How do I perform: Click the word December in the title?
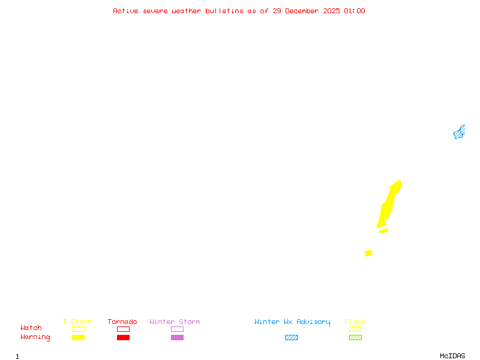pos(305,11)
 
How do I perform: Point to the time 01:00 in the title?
pos(355,11)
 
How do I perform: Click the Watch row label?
pos(31,328)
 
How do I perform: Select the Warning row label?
pos(35,337)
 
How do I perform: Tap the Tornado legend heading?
pos(122,322)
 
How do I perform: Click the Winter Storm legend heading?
pos(175,322)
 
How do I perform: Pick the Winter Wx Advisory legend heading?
pos(292,322)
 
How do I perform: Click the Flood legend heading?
pos(355,322)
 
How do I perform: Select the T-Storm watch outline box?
pos(78,329)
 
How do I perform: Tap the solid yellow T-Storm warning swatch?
pos(78,337)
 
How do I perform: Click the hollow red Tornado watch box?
pos(123,329)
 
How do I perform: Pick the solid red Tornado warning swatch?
pos(123,337)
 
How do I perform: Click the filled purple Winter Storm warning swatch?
pos(177,337)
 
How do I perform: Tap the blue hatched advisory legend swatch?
pos(291,337)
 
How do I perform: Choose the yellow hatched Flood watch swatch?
pos(355,329)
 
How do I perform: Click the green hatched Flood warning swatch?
pos(355,337)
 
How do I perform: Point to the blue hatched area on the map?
pos(459,133)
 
